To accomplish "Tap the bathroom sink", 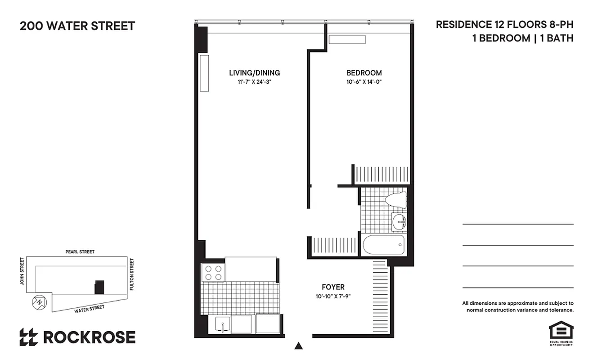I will pyautogui.click(x=398, y=221).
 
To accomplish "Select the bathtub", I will pyautogui.click(x=384, y=245).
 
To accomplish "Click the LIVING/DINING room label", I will pyautogui.click(x=254, y=72).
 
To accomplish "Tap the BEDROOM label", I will pyautogui.click(x=364, y=72).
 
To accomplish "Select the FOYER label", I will pyautogui.click(x=333, y=287).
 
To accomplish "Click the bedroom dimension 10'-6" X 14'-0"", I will pyautogui.click(x=364, y=82).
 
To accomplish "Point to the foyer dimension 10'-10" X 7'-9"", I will pyautogui.click(x=333, y=297).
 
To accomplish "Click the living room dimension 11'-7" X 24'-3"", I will pyautogui.click(x=254, y=82).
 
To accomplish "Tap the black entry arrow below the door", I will pyautogui.click(x=298, y=346).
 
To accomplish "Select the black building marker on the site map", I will pyautogui.click(x=99, y=287).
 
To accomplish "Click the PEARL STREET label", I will pyautogui.click(x=80, y=252).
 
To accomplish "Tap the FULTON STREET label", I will pyautogui.click(x=132, y=274).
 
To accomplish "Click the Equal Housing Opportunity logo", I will pyautogui.click(x=561, y=333).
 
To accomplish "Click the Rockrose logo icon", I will pyautogui.click(x=28, y=337).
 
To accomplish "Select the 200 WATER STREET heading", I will pyautogui.click(x=77, y=26).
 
